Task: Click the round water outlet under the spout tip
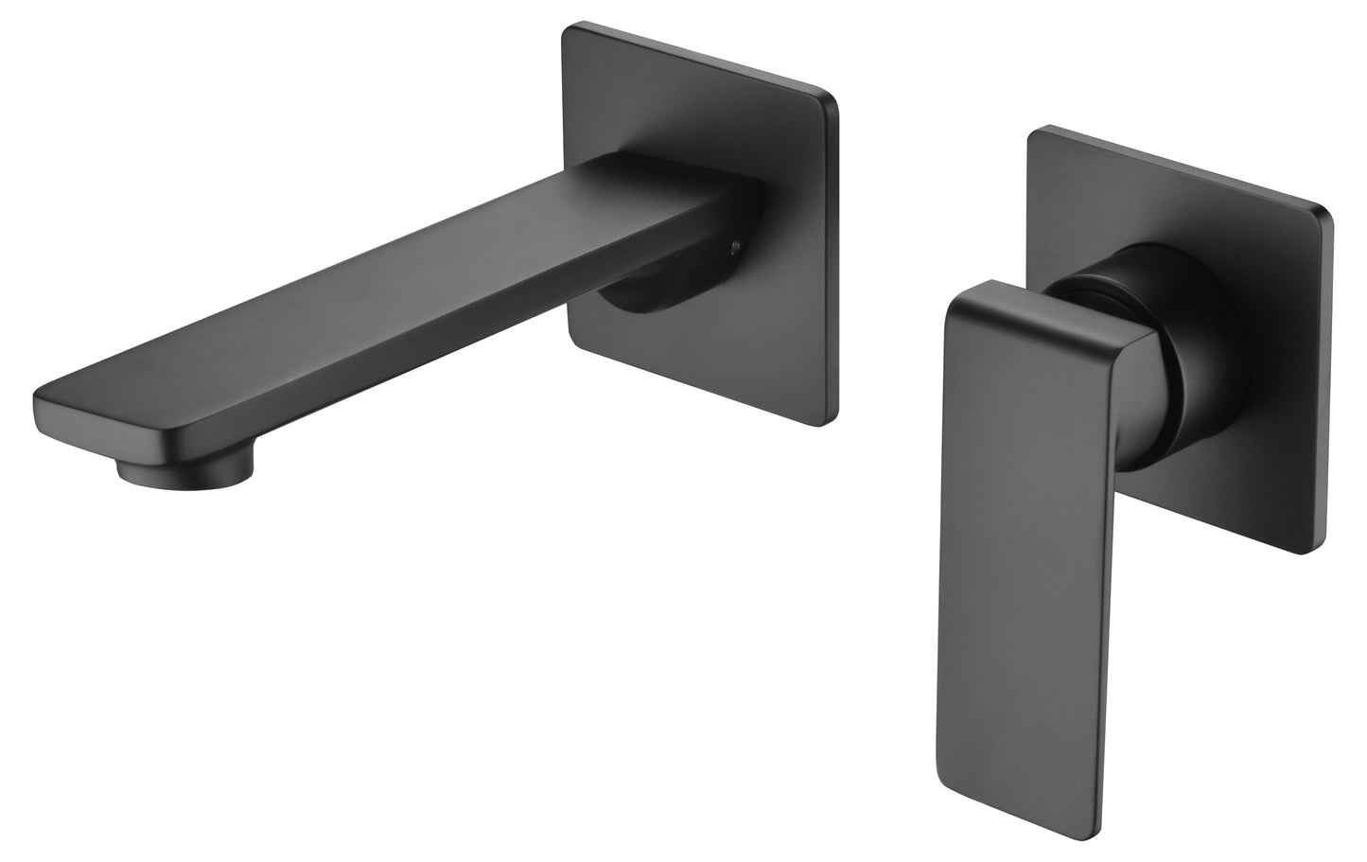point(184,470)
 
